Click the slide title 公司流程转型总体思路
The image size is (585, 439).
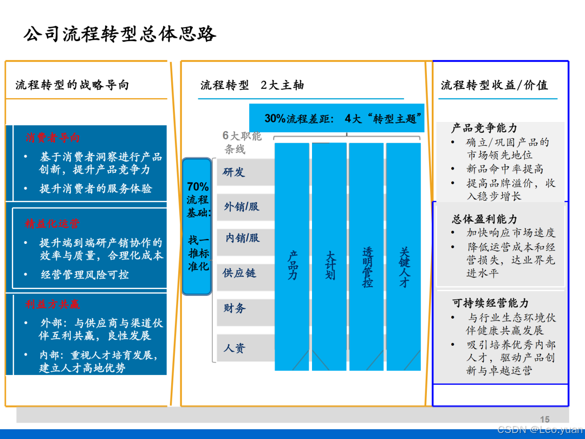coord(120,34)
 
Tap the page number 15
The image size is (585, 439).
coord(545,419)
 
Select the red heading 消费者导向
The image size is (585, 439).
coord(53,138)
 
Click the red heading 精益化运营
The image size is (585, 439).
coord(53,224)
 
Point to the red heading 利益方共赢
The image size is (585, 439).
coord(53,305)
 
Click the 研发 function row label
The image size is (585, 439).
coord(234,172)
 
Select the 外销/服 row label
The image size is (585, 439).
coord(242,206)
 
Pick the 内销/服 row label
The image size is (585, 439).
coord(242,238)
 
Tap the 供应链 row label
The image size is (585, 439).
coord(239,273)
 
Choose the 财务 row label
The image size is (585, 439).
coord(235,308)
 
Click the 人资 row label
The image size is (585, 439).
coord(235,348)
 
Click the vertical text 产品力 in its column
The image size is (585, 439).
coord(292,265)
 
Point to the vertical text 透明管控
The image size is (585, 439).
coord(368,267)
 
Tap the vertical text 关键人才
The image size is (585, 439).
coord(405,267)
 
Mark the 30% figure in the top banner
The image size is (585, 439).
coord(275,119)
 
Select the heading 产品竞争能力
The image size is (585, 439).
coord(484,128)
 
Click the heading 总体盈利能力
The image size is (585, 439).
coord(485,219)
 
